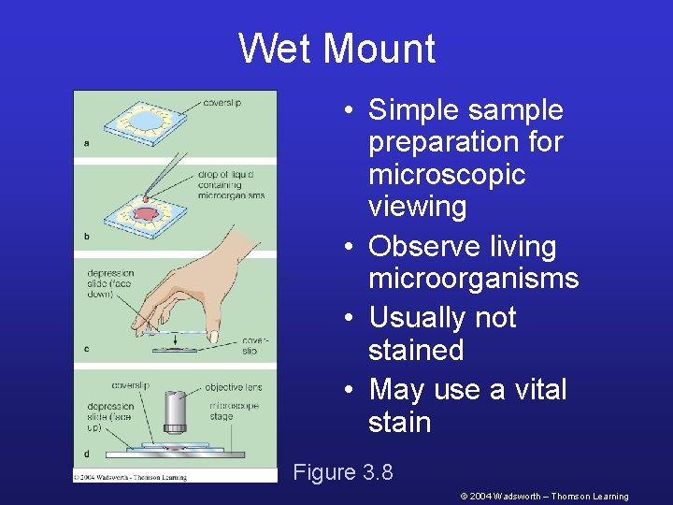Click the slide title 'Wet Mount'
[x=336, y=49]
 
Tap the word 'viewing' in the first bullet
[x=417, y=207]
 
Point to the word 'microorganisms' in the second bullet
[x=473, y=279]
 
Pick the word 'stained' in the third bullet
[x=416, y=351]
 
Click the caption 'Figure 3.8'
[x=343, y=472]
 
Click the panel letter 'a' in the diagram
[x=86, y=143]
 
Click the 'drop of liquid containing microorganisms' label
[x=230, y=184]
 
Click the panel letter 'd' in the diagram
[x=87, y=454]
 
